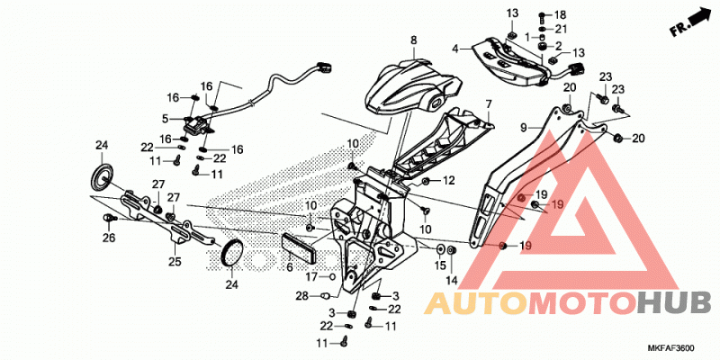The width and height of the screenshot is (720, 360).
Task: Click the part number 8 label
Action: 414,40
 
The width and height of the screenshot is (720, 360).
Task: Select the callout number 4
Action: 455,48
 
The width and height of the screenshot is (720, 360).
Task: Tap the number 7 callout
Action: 488,104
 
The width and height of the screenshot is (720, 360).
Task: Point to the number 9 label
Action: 524,128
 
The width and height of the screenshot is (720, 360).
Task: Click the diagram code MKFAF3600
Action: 673,348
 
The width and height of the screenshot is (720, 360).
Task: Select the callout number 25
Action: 175,262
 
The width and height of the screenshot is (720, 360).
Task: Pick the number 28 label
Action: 301,297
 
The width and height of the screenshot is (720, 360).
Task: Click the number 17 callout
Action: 312,277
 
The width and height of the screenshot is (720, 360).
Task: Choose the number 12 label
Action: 448,181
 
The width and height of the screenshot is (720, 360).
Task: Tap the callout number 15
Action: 440,265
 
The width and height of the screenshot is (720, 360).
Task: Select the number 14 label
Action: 452,280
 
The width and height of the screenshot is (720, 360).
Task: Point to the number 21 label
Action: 561,29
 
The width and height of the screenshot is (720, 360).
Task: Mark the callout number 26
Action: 109,238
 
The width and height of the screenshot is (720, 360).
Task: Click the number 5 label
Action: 166,119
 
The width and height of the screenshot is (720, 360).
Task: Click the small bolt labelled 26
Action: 110,219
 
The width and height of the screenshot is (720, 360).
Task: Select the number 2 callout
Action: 559,46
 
